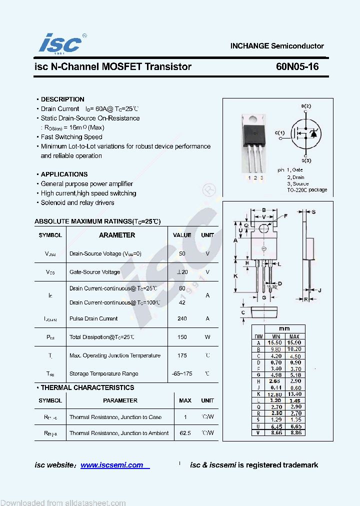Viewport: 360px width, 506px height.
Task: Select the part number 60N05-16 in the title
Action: pyautogui.click(x=296, y=66)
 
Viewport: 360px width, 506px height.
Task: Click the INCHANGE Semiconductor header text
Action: pyautogui.click(x=277, y=46)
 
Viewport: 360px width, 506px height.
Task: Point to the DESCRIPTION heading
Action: pyautogui.click(x=62, y=99)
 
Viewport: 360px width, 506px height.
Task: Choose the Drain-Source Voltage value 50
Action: pyautogui.click(x=182, y=253)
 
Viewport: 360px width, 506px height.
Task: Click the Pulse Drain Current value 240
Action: pyautogui.click(x=182, y=318)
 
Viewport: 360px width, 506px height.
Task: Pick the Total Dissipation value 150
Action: pyautogui.click(x=182, y=337)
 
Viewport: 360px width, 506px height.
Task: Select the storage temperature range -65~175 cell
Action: pyautogui.click(x=182, y=373)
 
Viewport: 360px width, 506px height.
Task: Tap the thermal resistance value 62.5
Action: pyautogui.click(x=185, y=433)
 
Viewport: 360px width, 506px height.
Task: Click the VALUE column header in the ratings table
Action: pyautogui.click(x=182, y=235)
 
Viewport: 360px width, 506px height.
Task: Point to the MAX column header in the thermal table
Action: pyautogui.click(x=185, y=400)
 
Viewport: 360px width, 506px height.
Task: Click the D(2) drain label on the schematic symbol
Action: pyautogui.click(x=306, y=106)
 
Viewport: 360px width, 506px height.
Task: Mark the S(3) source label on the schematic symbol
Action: pyautogui.click(x=306, y=160)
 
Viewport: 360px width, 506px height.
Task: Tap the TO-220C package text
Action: pyautogui.click(x=307, y=190)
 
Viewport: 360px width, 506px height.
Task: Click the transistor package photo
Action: pyautogui.click(x=254, y=142)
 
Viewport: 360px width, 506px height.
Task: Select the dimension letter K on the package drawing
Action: pyautogui.click(x=235, y=275)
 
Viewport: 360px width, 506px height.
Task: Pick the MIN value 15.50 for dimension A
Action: pyautogui.click(x=274, y=343)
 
